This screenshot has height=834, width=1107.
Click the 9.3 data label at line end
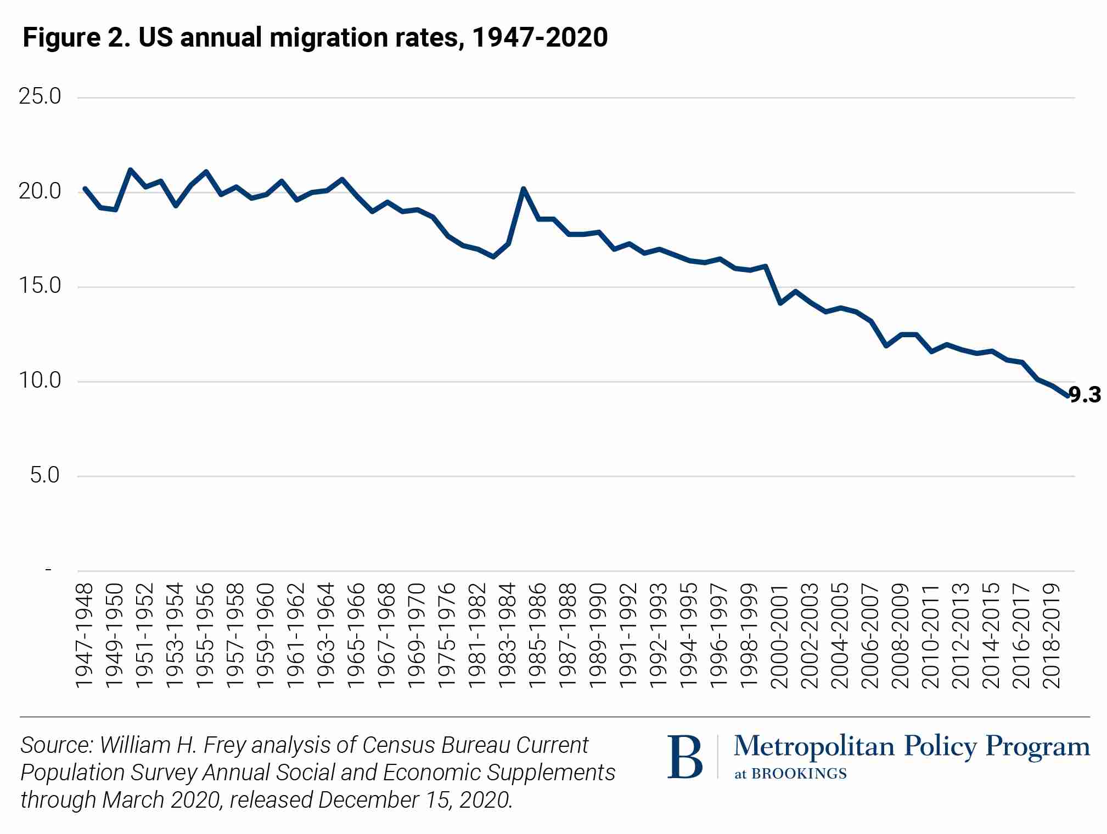pos(1085,395)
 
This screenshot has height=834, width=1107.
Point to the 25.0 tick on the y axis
pos(40,97)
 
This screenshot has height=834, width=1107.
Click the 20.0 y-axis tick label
pos(40,192)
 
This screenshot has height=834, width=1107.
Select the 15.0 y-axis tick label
pos(40,286)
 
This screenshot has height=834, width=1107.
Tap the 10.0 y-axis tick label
pos(40,381)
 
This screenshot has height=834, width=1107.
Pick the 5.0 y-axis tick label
pos(44,475)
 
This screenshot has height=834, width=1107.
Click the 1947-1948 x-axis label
pos(85,636)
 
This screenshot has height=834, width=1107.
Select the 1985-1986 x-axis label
pos(538,636)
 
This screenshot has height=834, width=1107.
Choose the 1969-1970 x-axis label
pos(417,636)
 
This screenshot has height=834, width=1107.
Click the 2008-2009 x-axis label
pos(901,636)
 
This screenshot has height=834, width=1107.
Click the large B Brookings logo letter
pos(684,757)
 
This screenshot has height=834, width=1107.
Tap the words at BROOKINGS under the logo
pos(790,774)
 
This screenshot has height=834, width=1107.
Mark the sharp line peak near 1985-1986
pos(524,189)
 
